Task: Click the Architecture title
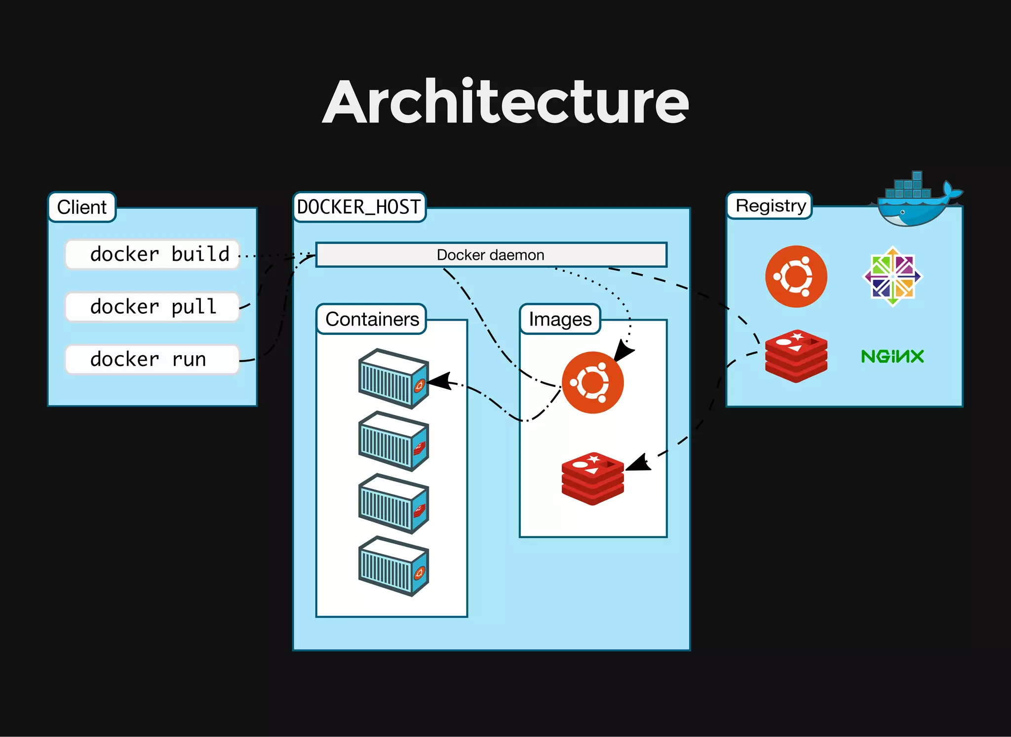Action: pyautogui.click(x=505, y=102)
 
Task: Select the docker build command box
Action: pyautogui.click(x=153, y=254)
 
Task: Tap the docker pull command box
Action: pyautogui.click(x=153, y=307)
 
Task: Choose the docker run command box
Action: pyautogui.click(x=153, y=359)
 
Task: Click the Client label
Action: pyautogui.click(x=82, y=207)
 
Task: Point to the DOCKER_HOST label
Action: pyautogui.click(x=359, y=207)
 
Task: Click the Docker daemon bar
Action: pyautogui.click(x=491, y=255)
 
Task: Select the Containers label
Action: pyautogui.click(x=372, y=319)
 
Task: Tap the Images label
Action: pyautogui.click(x=560, y=319)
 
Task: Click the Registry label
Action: pyautogui.click(x=770, y=205)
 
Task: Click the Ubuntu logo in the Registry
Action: pyautogui.click(x=796, y=277)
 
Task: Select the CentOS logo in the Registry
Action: pyautogui.click(x=893, y=277)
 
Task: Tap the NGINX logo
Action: pyautogui.click(x=892, y=356)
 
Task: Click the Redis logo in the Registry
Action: pyautogui.click(x=796, y=356)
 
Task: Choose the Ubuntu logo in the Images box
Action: pyautogui.click(x=592, y=383)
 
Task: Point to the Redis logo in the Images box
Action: pyautogui.click(x=592, y=478)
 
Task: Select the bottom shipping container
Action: pyautogui.click(x=393, y=566)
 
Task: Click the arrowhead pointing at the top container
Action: pyautogui.click(x=439, y=381)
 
